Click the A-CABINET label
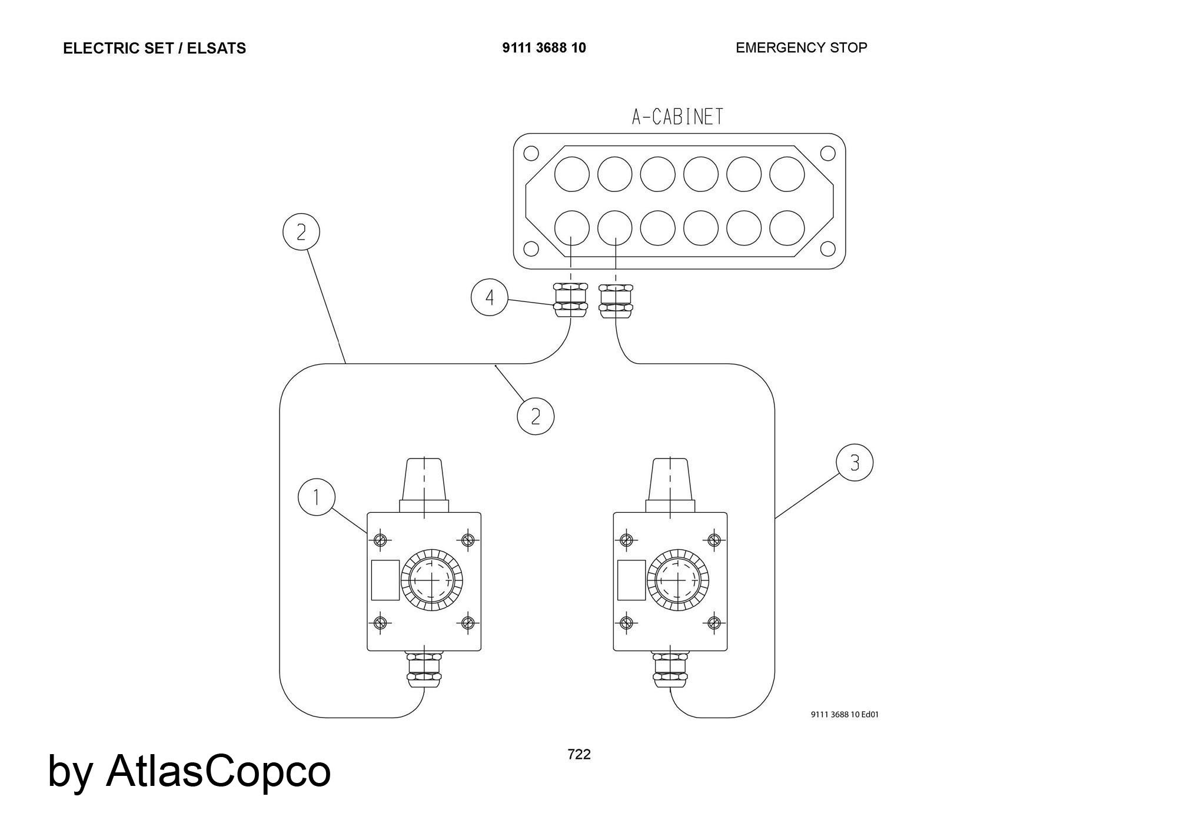coord(677,117)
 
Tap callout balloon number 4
coord(490,298)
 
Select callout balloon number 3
coord(855,463)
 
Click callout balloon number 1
coord(317,497)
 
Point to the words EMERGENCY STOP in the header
coord(801,48)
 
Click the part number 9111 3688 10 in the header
coord(544,48)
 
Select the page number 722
coord(578,754)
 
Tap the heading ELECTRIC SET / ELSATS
coord(154,48)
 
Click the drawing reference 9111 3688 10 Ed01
coord(844,715)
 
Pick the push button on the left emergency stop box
coord(431,580)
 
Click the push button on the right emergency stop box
coord(678,580)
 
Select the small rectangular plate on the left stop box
coord(385,580)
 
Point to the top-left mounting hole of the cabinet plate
coord(531,153)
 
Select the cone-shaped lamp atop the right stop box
coord(670,479)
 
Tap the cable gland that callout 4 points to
coord(570,300)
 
